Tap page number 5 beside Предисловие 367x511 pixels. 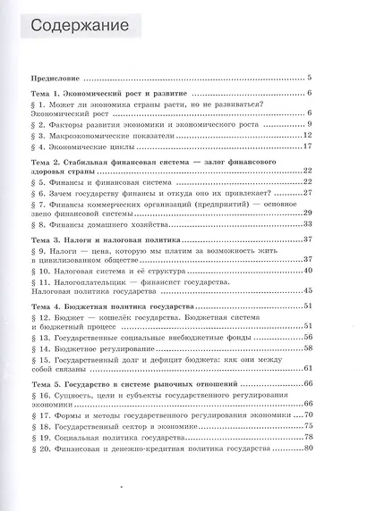click(x=308, y=79)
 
